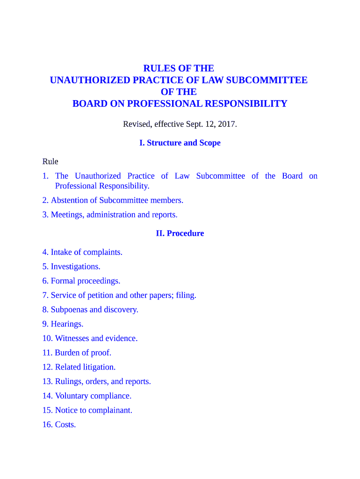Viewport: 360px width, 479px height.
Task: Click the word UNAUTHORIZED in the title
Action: (x=90, y=80)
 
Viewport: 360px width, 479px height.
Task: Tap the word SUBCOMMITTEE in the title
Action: (x=267, y=80)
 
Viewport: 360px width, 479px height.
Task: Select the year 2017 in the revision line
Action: (x=226, y=124)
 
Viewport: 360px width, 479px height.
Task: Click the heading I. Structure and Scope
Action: (x=180, y=143)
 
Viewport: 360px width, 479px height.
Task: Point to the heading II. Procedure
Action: (x=180, y=233)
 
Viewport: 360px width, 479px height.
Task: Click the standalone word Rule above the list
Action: (x=50, y=161)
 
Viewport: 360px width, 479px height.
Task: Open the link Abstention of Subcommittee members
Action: (x=117, y=200)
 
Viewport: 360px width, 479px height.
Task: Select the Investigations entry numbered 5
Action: (x=75, y=267)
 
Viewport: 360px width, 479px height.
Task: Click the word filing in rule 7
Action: (x=186, y=295)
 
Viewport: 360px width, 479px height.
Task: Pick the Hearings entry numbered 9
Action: (x=67, y=324)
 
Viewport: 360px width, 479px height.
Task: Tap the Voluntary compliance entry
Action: (x=93, y=396)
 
